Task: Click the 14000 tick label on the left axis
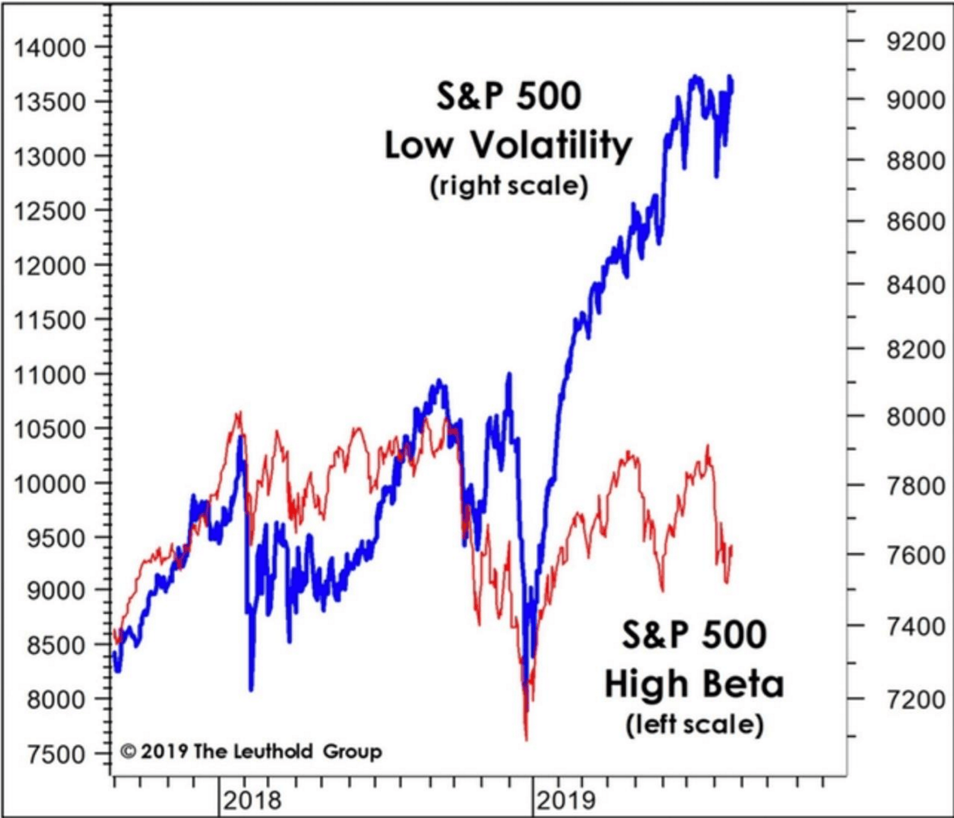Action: coord(49,48)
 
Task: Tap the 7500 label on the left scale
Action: coord(56,754)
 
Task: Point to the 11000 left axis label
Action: coord(49,375)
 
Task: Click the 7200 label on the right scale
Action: coord(915,699)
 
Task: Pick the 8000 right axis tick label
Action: coord(915,417)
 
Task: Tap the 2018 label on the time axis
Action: coord(252,801)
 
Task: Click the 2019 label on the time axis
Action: coord(565,801)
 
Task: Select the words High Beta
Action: coord(694,684)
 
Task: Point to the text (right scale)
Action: coord(509,185)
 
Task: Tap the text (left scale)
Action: coord(694,724)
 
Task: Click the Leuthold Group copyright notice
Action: coord(251,751)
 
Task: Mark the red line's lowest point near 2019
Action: coord(526,740)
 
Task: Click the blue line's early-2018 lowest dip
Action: coord(251,689)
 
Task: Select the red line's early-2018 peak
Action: coord(239,412)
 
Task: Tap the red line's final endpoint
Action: coord(731,548)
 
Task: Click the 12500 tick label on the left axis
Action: coord(49,211)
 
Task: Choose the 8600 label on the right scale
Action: coord(915,221)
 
